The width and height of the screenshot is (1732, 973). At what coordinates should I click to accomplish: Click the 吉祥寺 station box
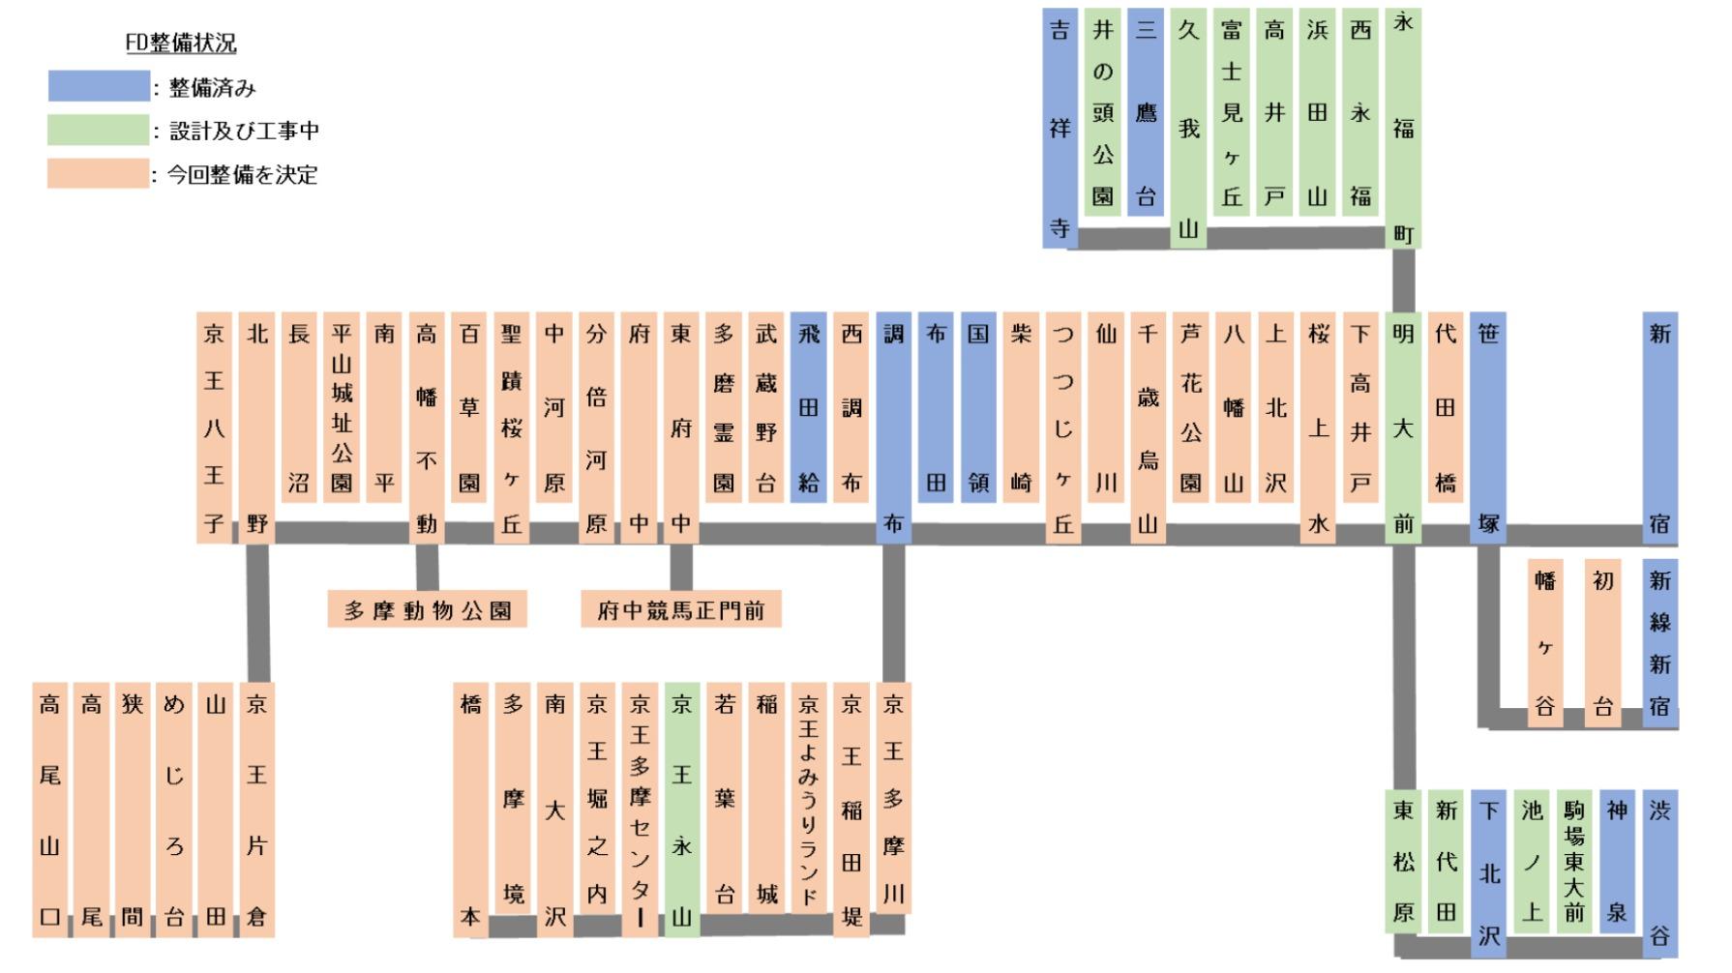(x=1060, y=129)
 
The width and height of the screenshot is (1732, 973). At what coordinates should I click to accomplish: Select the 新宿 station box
(x=1659, y=428)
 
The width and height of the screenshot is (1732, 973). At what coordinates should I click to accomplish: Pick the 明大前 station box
(x=1403, y=428)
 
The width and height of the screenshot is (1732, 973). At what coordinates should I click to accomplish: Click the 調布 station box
(x=893, y=428)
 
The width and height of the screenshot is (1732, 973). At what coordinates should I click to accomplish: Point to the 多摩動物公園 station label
(x=427, y=610)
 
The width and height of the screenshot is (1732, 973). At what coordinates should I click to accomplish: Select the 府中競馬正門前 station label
(x=680, y=610)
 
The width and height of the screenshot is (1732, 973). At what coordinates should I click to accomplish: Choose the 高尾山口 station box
(x=49, y=810)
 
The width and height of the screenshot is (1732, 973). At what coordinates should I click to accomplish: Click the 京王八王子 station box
(x=214, y=428)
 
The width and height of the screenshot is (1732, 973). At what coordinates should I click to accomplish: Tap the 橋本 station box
(x=470, y=810)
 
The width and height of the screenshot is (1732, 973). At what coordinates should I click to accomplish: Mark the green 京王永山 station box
(x=682, y=810)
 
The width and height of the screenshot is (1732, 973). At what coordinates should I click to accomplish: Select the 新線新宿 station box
(x=1659, y=643)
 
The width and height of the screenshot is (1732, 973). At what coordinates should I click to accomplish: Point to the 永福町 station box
(x=1403, y=129)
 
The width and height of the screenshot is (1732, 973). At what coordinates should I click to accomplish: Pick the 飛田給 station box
(x=808, y=406)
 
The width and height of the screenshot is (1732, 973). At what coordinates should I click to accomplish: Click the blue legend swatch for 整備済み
(x=99, y=86)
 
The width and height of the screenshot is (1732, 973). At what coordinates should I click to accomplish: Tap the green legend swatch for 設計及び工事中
(x=99, y=130)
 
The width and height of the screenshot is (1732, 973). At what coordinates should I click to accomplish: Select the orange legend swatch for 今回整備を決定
(x=99, y=174)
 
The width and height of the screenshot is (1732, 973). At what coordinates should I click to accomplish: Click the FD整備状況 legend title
(x=181, y=43)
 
